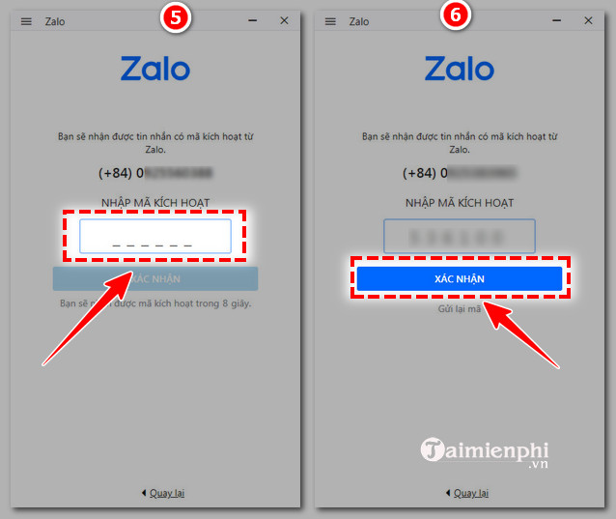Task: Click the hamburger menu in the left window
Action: tap(26, 21)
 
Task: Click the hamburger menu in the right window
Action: tap(331, 21)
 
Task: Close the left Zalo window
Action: tap(284, 20)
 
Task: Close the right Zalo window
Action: tap(589, 20)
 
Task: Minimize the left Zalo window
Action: tap(252, 20)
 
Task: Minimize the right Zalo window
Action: tap(557, 20)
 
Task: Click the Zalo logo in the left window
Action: tap(155, 69)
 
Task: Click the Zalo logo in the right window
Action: tap(460, 69)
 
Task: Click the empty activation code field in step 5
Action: tap(155, 237)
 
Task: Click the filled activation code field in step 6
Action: tap(460, 237)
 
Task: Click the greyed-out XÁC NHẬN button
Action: tap(155, 279)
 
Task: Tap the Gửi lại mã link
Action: tap(460, 307)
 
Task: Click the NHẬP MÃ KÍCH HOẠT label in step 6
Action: tap(460, 203)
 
